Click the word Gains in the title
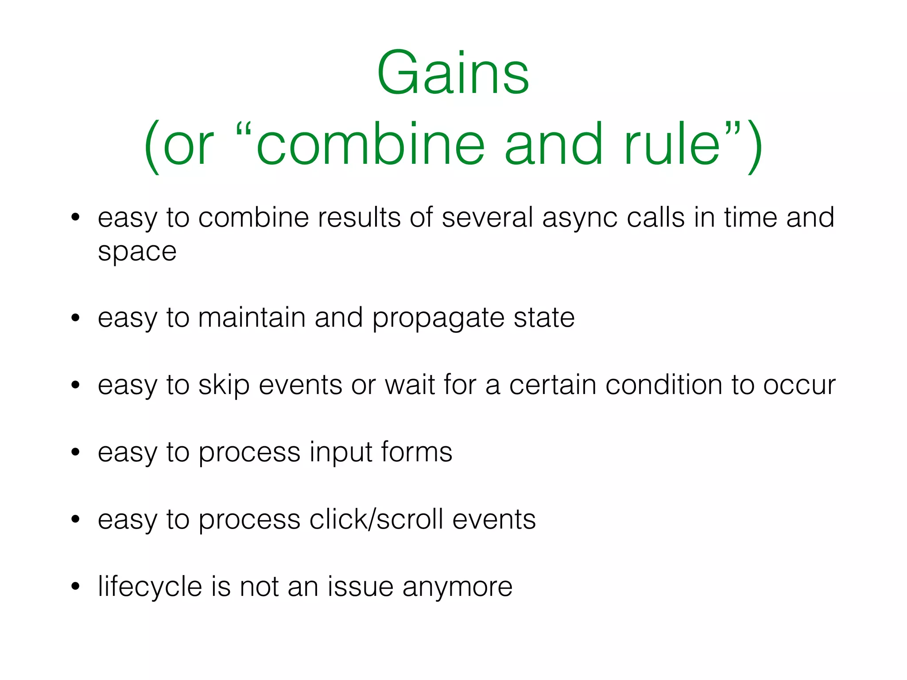click(x=453, y=73)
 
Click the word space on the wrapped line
click(x=137, y=252)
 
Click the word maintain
click(x=252, y=317)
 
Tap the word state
click(x=544, y=317)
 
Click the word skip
click(x=224, y=385)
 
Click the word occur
click(x=799, y=385)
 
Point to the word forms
click(x=416, y=452)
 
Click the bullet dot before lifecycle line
click(x=75, y=586)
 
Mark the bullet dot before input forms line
click(x=75, y=452)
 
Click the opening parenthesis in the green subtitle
click(x=151, y=146)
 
